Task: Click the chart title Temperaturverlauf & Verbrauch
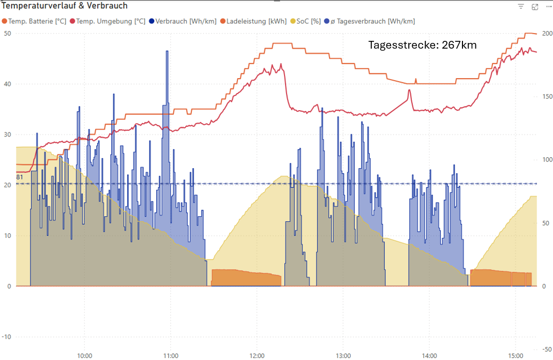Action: tap(65, 6)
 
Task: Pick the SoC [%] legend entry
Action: tap(305, 21)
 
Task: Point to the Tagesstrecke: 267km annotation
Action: tap(422, 45)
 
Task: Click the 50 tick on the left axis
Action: tap(7, 34)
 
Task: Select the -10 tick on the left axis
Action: tap(6, 337)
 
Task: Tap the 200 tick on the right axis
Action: tap(546, 34)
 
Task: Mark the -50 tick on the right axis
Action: tap(546, 349)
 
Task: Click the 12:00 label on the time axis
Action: tap(257, 356)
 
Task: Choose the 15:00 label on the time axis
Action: tap(515, 356)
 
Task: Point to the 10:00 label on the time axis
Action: tap(84, 356)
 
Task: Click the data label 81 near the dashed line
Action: tap(20, 177)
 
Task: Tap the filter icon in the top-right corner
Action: tap(521, 7)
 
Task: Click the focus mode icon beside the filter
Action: tap(535, 7)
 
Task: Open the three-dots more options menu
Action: tap(547, 7)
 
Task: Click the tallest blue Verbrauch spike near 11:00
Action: tap(167, 52)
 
